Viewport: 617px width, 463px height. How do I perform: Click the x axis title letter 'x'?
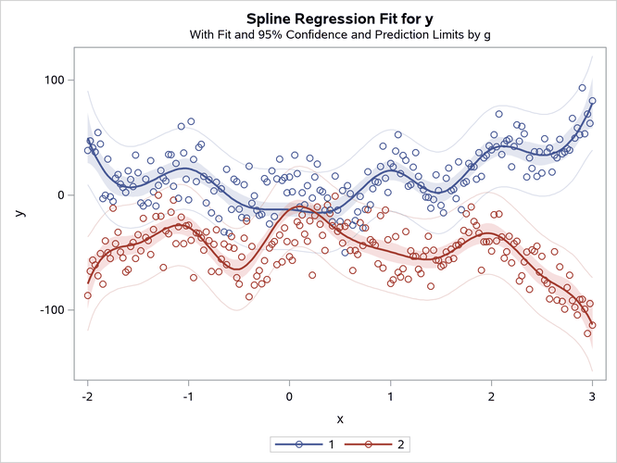point(339,419)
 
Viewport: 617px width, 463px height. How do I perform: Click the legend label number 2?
point(399,445)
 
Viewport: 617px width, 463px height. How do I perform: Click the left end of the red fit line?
point(88,282)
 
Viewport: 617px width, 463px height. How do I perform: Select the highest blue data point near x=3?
point(582,88)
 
